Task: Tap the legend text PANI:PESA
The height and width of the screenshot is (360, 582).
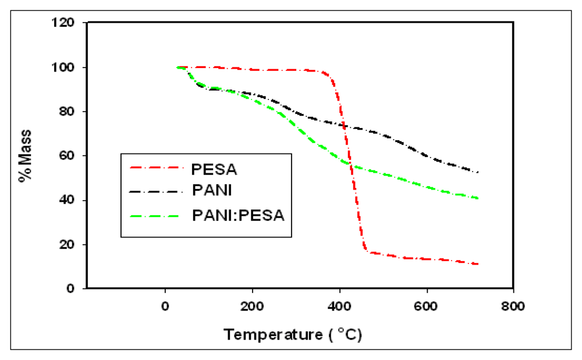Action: click(237, 216)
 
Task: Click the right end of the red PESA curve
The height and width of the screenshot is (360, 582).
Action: click(477, 264)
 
